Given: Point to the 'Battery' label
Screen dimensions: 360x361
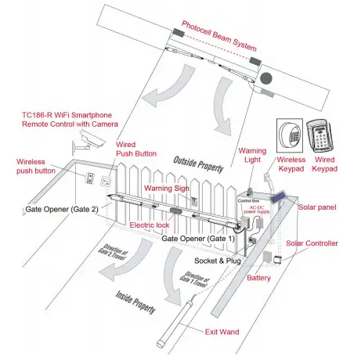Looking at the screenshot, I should pyautogui.click(x=258, y=278).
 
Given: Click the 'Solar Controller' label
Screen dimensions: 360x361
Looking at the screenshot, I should pyautogui.click(x=312, y=243).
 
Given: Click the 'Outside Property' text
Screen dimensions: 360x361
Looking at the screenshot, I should pyautogui.click(x=198, y=164).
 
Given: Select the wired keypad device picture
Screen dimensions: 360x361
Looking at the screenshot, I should pyautogui.click(x=320, y=135).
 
